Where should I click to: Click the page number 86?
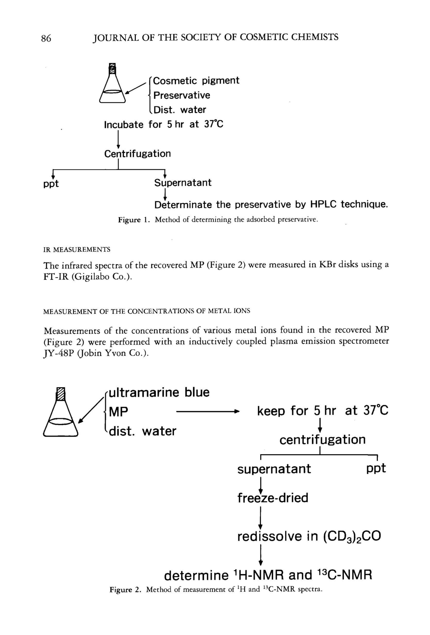tap(46, 38)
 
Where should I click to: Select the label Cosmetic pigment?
tap(196, 81)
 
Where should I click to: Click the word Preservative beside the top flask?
tap(182, 95)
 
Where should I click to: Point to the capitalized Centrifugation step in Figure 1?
tap(137, 154)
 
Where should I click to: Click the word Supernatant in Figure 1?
tap(183, 182)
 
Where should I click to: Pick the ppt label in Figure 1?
tap(51, 183)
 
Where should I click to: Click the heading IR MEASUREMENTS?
tap(77, 249)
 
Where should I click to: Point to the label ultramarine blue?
tap(159, 393)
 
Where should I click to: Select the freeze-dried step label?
tap(272, 498)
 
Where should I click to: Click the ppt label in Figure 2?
tap(376, 468)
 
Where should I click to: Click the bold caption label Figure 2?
tap(125, 590)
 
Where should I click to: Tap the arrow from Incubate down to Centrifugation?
tap(118, 139)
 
